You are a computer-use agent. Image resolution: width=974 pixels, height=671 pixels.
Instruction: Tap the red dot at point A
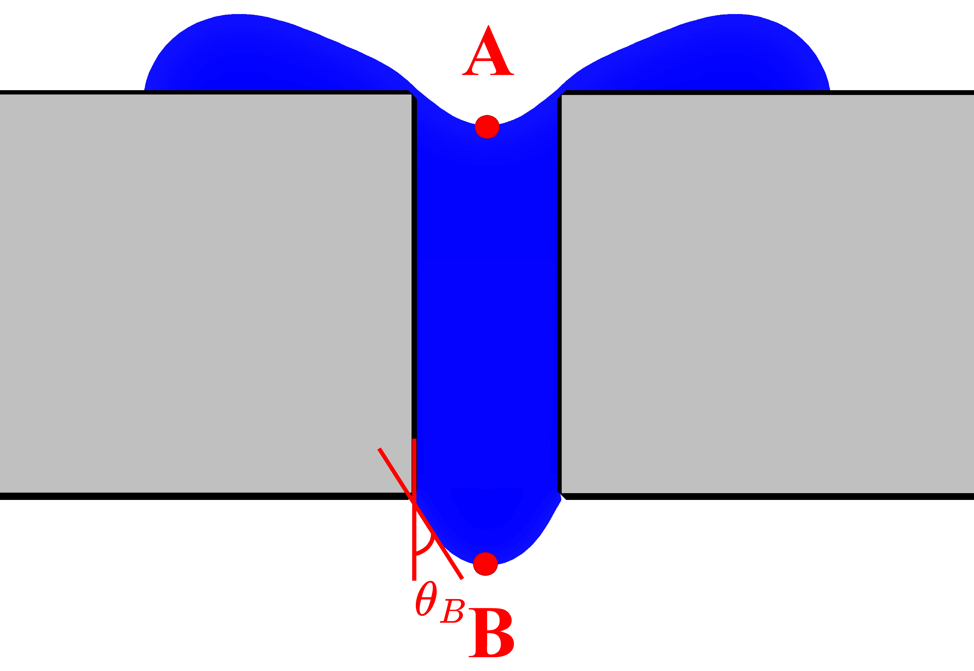487,127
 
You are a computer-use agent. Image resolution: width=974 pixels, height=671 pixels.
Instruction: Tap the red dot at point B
485,564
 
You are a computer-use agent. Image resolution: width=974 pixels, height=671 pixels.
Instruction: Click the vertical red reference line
414,471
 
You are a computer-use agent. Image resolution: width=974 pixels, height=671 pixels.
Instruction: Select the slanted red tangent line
395,474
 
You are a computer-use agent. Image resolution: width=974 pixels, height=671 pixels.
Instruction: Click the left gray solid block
206,294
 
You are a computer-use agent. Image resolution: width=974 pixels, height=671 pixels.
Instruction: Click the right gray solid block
765,294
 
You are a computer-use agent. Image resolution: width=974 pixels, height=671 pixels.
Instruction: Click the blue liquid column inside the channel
487,294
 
